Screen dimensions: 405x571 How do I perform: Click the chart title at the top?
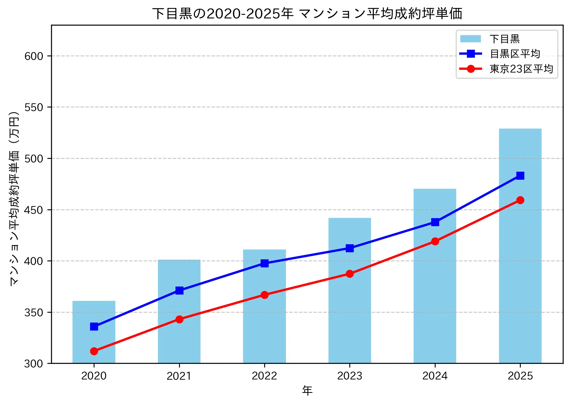pyautogui.click(x=307, y=13)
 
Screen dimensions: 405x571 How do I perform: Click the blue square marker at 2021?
pyautogui.click(x=179, y=290)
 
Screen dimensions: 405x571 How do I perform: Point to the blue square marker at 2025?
pyautogui.click(x=520, y=176)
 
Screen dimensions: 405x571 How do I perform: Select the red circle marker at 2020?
pyautogui.click(x=94, y=351)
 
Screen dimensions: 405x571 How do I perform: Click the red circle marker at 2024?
pyautogui.click(x=435, y=242)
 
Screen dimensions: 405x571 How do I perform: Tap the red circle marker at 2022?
pyautogui.click(x=264, y=295)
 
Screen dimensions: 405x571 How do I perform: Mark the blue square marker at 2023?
pyautogui.click(x=350, y=248)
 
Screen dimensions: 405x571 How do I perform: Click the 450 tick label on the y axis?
pyautogui.click(x=34, y=210)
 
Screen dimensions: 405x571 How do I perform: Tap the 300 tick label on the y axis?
pyautogui.click(x=34, y=364)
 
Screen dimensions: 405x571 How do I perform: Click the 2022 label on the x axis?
pyautogui.click(x=264, y=376)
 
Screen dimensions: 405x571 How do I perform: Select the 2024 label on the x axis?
pyautogui.click(x=435, y=376)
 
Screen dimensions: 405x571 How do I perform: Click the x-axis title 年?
pyautogui.click(x=307, y=390)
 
